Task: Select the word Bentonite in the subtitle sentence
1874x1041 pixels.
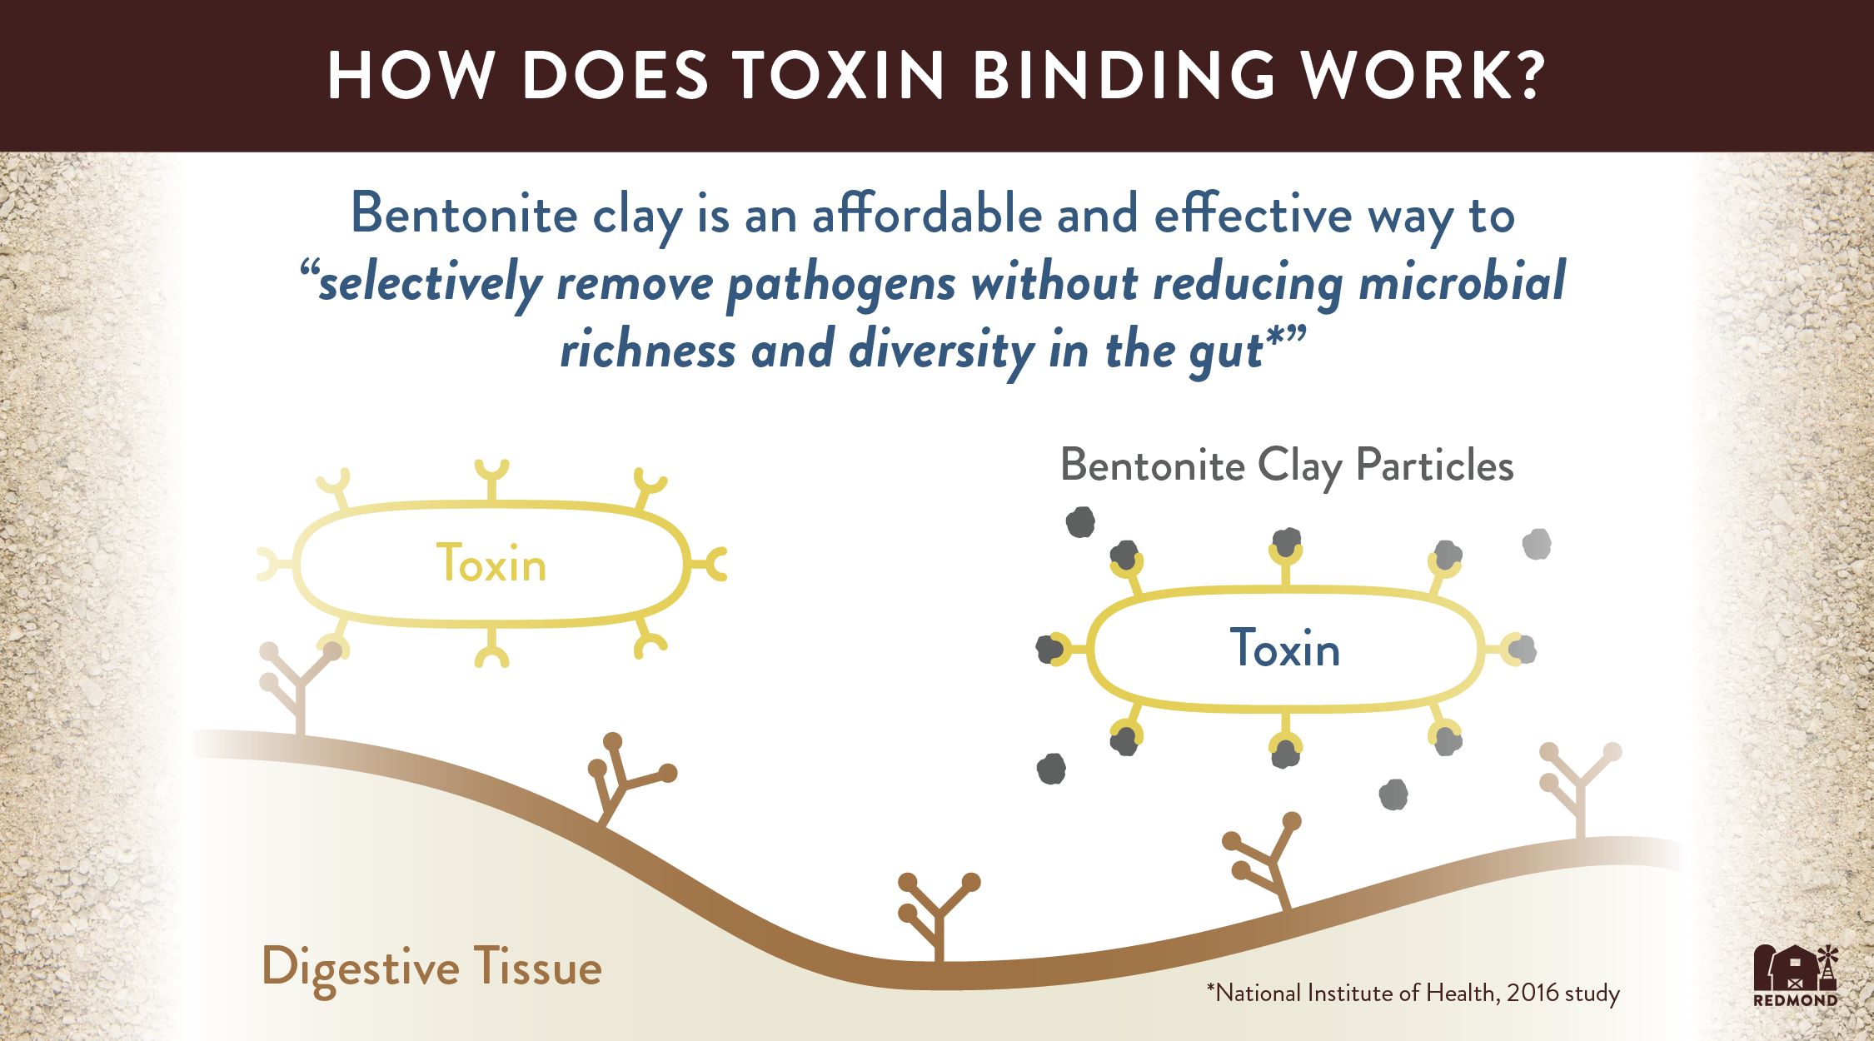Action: coord(464,214)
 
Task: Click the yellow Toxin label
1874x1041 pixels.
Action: coord(491,564)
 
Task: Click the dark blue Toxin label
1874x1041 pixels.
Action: coord(1285,648)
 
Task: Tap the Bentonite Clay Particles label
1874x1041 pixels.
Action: coord(1287,466)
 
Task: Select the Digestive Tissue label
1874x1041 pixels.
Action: coord(431,969)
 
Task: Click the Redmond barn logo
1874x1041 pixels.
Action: coord(1796,975)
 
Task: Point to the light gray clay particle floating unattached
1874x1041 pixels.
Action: coord(1537,545)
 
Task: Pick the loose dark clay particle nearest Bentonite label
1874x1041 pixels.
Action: coord(1080,522)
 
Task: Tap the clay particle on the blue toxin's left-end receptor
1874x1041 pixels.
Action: coord(1049,649)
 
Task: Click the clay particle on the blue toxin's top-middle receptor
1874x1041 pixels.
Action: coord(1287,542)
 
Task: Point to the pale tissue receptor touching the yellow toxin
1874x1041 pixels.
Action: coord(300,687)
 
